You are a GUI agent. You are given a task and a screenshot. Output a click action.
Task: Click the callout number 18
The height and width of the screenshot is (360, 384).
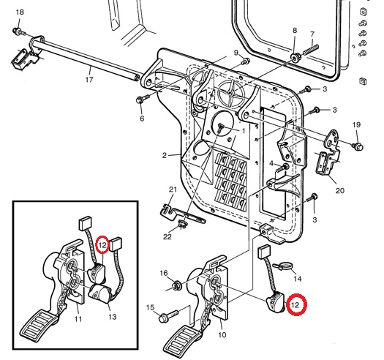(20, 12)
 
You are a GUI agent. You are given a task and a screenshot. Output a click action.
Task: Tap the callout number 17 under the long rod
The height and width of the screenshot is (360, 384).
(89, 80)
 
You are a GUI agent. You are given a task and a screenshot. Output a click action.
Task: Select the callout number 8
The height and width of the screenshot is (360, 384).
(295, 31)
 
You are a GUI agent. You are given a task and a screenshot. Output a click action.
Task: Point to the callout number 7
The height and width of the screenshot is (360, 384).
(312, 34)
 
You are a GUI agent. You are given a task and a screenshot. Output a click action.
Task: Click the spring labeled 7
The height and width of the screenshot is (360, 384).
(311, 49)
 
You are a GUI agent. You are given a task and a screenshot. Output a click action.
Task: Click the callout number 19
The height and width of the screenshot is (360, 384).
(357, 124)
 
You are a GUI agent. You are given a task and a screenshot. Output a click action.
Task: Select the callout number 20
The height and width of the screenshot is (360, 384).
(339, 190)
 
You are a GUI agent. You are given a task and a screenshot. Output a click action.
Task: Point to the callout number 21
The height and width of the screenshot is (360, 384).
(173, 190)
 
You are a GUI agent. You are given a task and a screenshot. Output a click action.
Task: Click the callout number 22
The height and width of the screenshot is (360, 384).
(167, 237)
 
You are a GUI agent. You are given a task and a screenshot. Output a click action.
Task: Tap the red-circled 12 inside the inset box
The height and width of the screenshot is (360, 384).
(103, 244)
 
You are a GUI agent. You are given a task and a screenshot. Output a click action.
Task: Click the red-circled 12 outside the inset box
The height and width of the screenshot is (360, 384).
(295, 305)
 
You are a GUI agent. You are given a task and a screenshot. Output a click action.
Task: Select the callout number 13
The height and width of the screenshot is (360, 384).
(113, 317)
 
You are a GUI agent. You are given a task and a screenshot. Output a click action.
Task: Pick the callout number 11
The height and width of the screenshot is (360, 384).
(78, 319)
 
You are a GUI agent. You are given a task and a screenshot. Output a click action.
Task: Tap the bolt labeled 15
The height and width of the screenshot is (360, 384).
(169, 316)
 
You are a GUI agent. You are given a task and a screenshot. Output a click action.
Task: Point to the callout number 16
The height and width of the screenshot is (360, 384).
(164, 273)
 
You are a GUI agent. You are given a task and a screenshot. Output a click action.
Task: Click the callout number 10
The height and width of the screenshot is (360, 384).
(222, 335)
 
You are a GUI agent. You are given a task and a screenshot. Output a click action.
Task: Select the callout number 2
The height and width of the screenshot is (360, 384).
(164, 155)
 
